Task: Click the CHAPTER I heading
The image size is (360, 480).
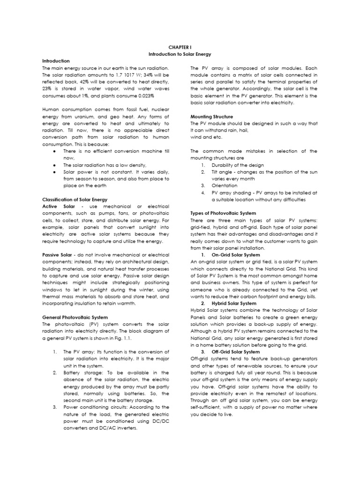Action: coord(180,47)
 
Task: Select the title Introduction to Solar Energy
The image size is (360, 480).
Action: coord(180,54)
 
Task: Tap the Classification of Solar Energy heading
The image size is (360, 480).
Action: coord(75,199)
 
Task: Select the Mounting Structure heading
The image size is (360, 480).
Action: coord(212,116)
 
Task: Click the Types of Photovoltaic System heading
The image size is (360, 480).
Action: coord(223,213)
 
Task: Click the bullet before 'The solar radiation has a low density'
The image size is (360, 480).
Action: coord(55,165)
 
